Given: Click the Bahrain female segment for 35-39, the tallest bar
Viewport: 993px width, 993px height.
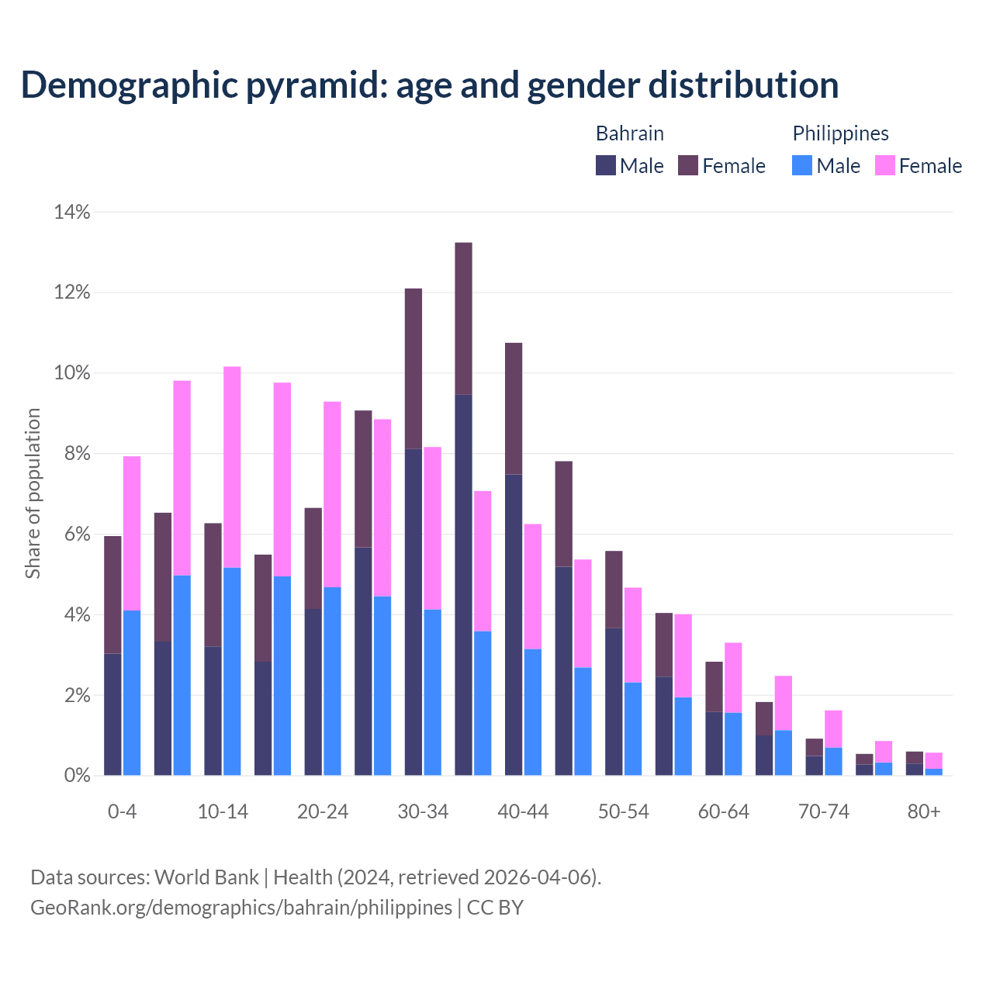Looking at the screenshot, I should pyautogui.click(x=463, y=318).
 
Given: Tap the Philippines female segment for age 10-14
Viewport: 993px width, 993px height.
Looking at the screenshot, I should pyautogui.click(x=232, y=466).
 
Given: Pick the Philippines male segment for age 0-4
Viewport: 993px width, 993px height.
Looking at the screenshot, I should pyautogui.click(x=132, y=692).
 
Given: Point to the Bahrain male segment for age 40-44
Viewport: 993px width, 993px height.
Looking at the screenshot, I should pyautogui.click(x=514, y=624).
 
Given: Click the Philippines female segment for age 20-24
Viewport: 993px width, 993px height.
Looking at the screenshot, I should pyautogui.click(x=332, y=493).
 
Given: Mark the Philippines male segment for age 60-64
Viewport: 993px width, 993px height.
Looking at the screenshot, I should pyautogui.click(x=733, y=743).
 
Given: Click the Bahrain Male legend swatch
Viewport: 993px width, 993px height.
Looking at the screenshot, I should pyautogui.click(x=606, y=165).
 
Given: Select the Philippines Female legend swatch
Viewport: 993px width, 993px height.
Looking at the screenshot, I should pyautogui.click(x=884, y=165).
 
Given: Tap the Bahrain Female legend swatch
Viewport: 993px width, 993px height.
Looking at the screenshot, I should pyautogui.click(x=688, y=165).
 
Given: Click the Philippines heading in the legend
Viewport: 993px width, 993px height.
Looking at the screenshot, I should pyautogui.click(x=840, y=133).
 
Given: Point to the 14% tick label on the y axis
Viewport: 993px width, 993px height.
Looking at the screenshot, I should pyautogui.click(x=72, y=212).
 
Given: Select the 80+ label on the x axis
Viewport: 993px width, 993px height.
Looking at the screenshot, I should pyautogui.click(x=924, y=811).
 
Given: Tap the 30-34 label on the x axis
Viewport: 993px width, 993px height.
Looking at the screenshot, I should pyautogui.click(x=423, y=811).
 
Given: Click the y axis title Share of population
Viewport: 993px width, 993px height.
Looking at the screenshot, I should pyautogui.click(x=33, y=493).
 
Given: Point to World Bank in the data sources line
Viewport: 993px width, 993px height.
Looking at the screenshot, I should pyautogui.click(x=206, y=877).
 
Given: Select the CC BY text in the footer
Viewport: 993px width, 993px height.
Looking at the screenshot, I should pyautogui.click(x=496, y=907).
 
